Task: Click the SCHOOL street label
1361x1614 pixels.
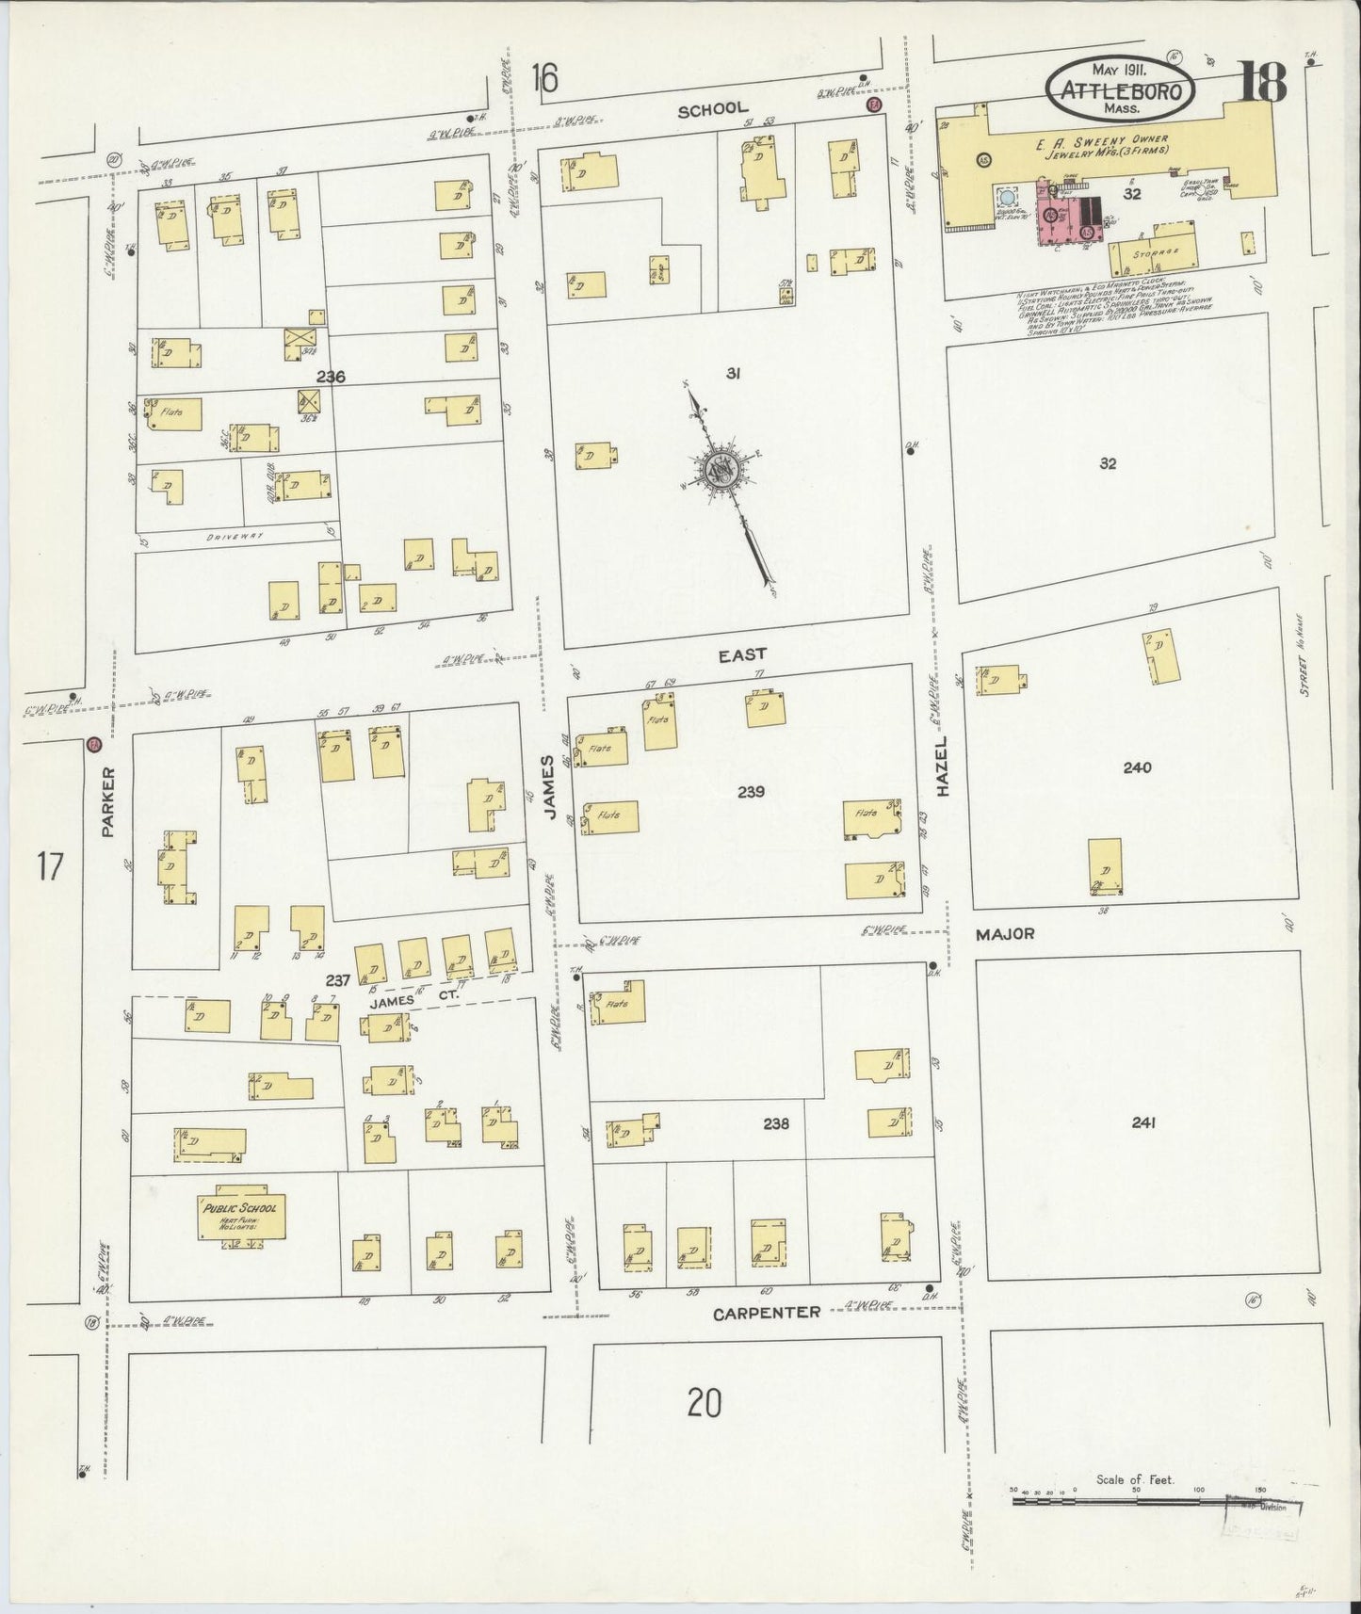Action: coord(713,109)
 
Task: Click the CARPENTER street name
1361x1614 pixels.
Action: coord(766,1312)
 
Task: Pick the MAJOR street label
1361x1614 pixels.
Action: coord(1005,934)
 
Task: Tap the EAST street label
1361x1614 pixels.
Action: coord(742,654)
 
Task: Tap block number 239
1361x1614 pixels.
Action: coord(751,792)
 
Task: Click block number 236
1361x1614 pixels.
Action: coord(331,377)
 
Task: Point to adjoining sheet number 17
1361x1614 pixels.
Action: coord(49,865)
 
